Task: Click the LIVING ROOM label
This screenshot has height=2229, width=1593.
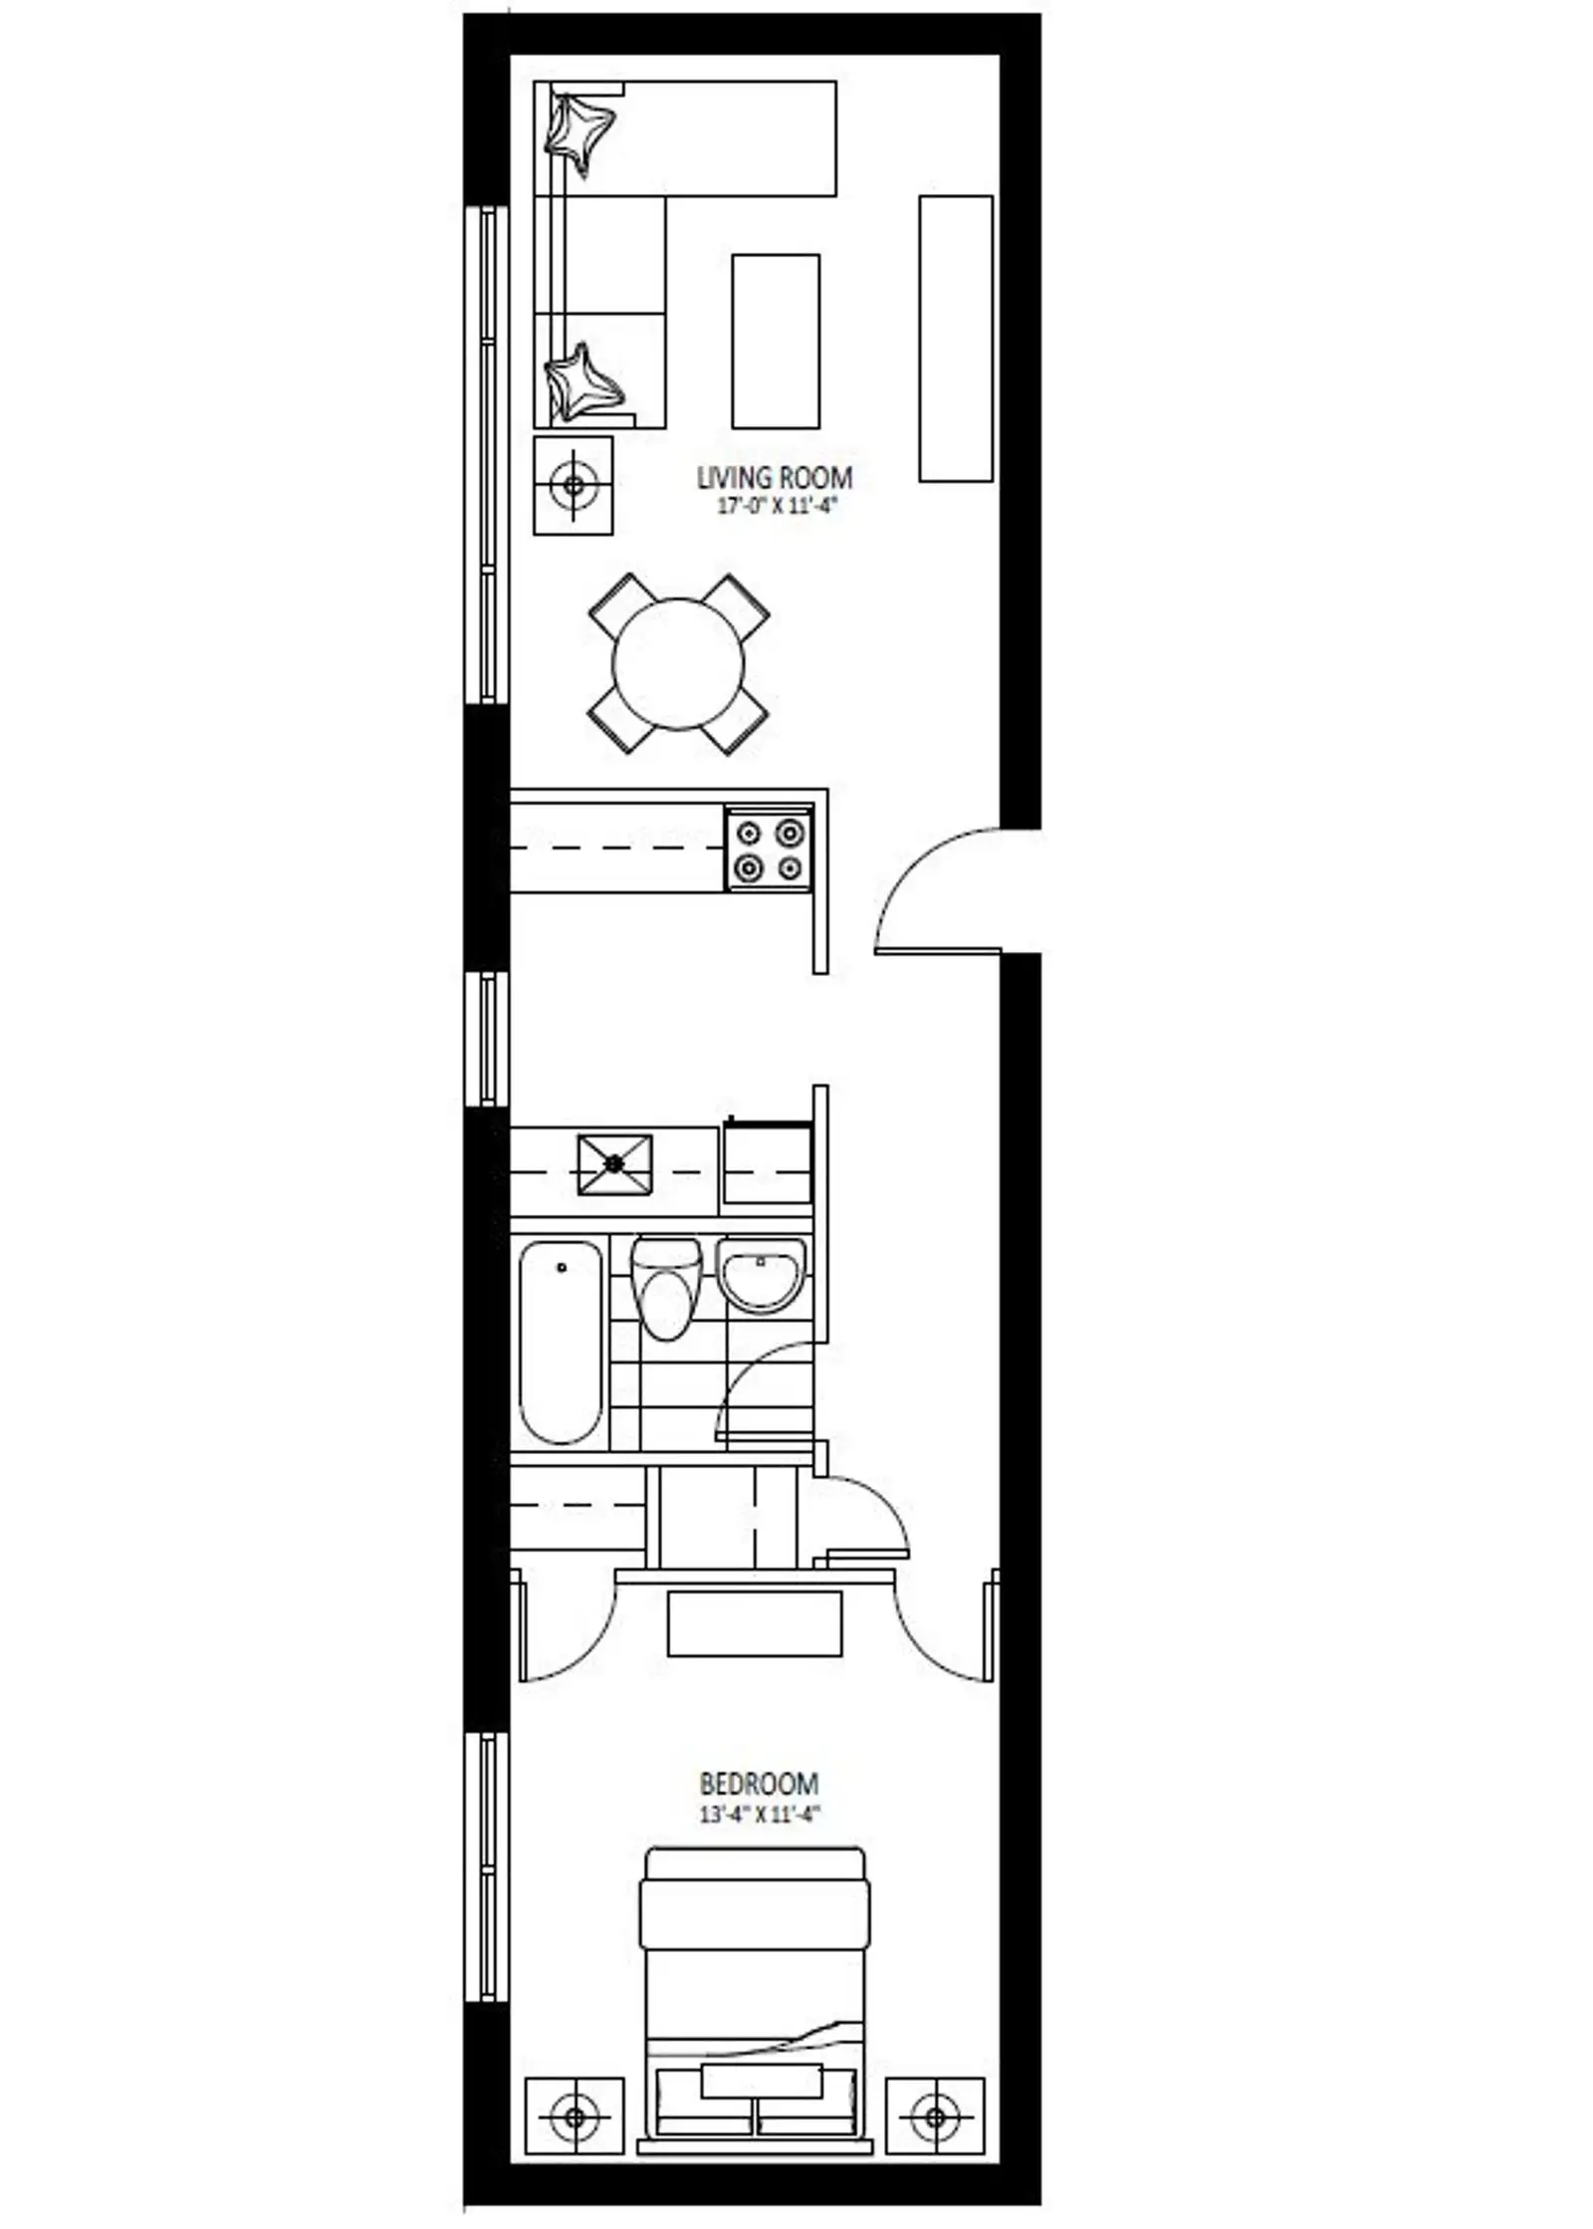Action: pyautogui.click(x=774, y=477)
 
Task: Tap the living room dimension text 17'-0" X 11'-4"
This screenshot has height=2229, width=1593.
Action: pyautogui.click(x=774, y=506)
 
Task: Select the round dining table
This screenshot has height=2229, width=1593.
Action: pyautogui.click(x=678, y=663)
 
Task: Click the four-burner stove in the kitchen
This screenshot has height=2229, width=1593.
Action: pyautogui.click(x=768, y=851)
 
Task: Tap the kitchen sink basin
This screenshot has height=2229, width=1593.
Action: pyautogui.click(x=615, y=1164)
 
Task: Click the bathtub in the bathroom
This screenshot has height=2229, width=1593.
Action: pyautogui.click(x=562, y=1343)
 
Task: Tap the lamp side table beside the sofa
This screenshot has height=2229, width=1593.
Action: pyautogui.click(x=573, y=485)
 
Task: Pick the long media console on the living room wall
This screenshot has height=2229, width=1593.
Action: pyautogui.click(x=956, y=339)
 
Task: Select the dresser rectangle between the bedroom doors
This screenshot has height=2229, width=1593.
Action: pyautogui.click(x=755, y=1623)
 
